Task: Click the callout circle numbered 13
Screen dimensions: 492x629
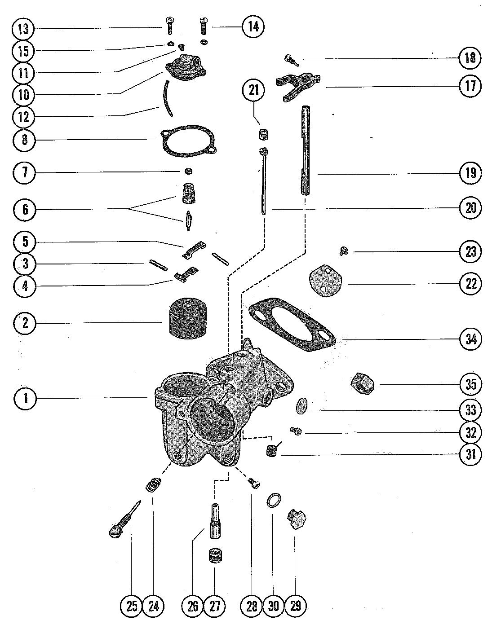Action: (23, 29)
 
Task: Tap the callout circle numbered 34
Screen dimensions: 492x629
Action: (470, 339)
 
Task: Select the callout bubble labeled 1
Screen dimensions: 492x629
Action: (26, 398)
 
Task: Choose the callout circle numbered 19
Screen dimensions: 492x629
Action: (470, 173)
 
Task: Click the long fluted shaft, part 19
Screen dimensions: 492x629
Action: (306, 150)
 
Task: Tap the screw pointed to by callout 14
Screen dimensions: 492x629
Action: (203, 26)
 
